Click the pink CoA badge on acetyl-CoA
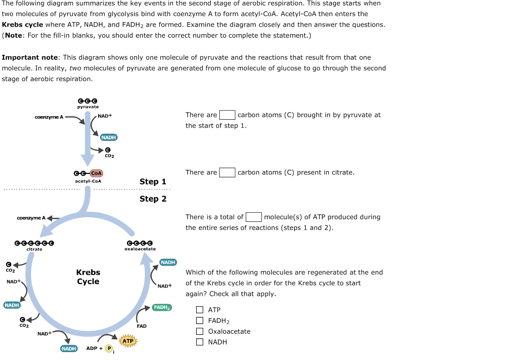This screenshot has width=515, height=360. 97,173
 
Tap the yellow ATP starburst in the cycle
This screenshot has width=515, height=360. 128,341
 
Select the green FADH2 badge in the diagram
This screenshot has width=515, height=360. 162,307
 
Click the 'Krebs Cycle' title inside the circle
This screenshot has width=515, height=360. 88,277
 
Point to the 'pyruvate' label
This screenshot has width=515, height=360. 88,107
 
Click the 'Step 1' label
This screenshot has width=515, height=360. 153,182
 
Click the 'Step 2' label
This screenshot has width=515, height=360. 153,199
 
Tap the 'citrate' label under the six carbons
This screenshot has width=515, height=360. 34,249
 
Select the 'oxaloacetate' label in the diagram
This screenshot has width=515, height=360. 140,249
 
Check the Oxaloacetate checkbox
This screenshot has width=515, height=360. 200,331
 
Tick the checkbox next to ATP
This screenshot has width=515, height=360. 200,310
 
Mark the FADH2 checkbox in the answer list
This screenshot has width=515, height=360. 200,321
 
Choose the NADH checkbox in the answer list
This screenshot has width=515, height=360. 200,342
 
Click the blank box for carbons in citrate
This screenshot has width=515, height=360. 227,172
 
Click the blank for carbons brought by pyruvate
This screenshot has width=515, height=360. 227,115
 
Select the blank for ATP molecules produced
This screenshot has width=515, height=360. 253,217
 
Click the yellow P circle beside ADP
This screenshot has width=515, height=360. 109,349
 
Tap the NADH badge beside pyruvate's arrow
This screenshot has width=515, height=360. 109,137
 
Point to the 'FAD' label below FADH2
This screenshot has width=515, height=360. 142,326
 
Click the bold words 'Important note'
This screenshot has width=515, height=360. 30,58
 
